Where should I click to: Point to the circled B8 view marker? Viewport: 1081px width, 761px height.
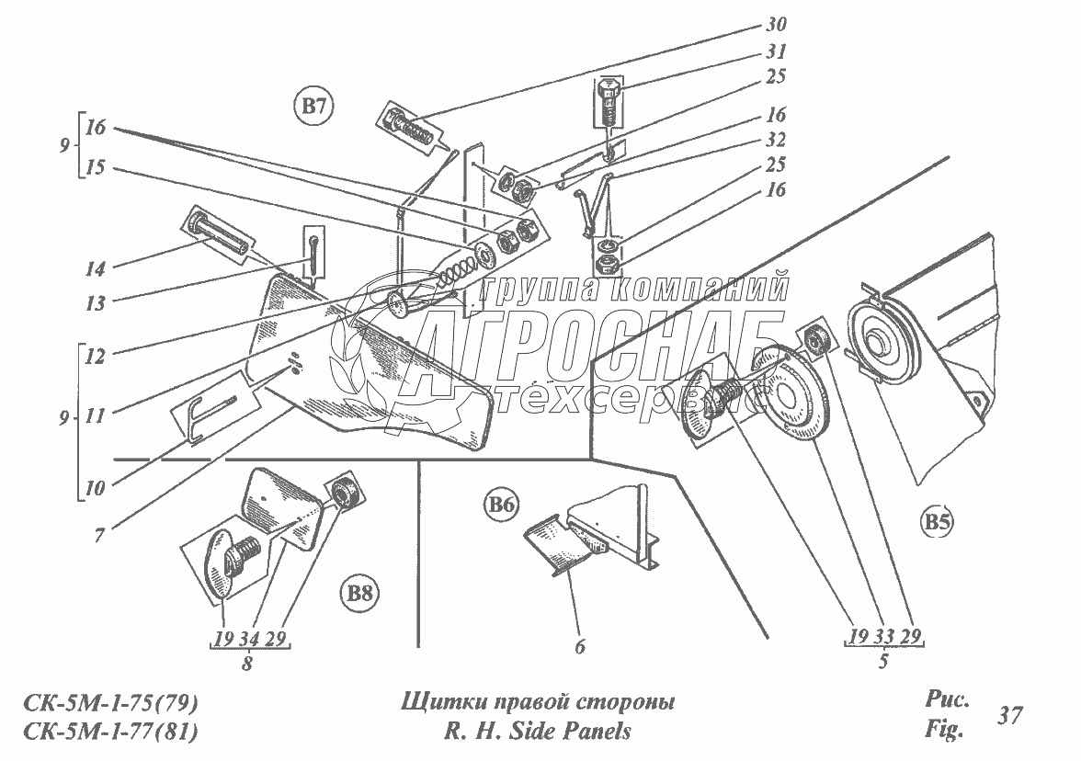tap(361, 592)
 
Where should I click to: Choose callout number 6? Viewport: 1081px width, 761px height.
tap(579, 646)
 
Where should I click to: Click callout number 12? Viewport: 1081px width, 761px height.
tap(94, 354)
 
